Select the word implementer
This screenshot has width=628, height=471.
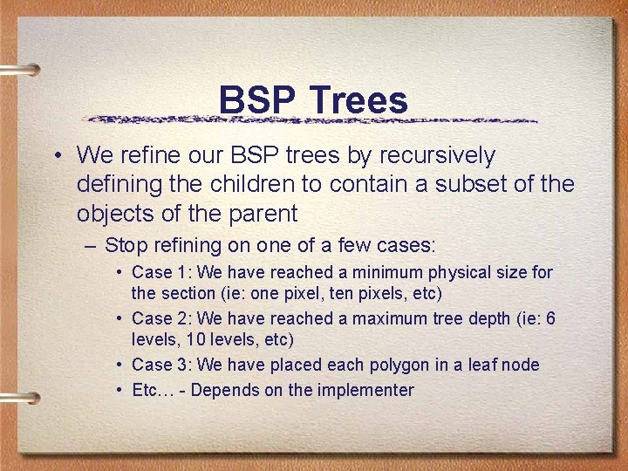(x=365, y=390)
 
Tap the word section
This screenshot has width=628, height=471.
(x=186, y=292)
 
